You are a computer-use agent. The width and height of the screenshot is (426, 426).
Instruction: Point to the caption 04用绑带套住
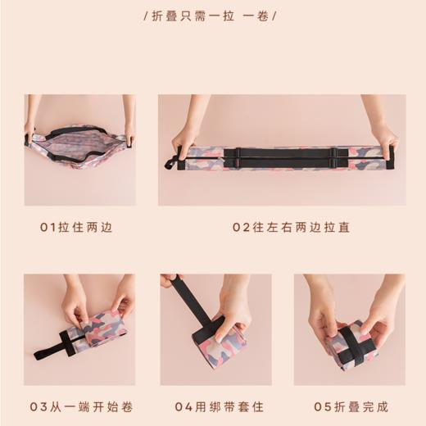215,406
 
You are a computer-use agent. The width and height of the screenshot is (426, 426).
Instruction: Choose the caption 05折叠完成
351,406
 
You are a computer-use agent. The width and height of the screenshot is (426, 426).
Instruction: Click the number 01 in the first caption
47,226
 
